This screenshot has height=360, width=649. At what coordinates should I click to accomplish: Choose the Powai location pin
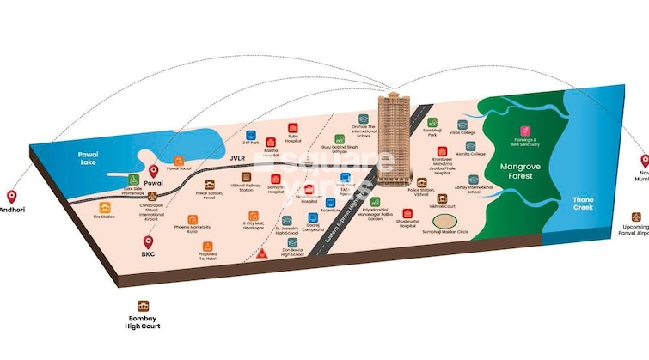click(x=154, y=172)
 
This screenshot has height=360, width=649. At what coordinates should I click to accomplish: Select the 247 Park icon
click(x=252, y=136)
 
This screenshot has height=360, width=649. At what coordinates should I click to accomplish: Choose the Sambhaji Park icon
click(x=432, y=122)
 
